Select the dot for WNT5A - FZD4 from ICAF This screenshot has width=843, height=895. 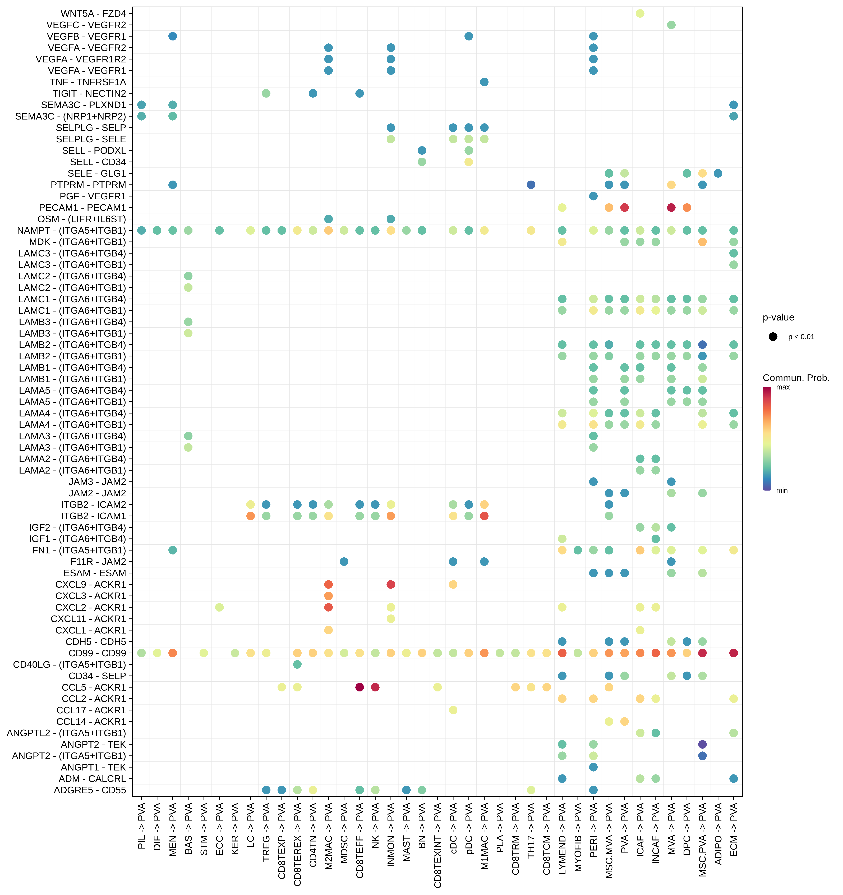640,13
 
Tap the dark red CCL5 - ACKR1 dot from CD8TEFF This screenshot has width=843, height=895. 360,687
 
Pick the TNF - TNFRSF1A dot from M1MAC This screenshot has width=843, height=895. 484,82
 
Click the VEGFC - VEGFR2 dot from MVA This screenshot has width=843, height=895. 671,25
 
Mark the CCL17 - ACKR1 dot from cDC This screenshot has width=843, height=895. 453,710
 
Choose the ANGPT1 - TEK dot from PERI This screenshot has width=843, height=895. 593,767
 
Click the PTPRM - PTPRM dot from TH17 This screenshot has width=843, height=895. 531,185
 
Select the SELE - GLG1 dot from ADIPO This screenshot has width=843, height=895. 718,173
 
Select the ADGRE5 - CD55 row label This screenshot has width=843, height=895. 90,790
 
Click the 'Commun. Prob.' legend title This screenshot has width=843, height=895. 796,378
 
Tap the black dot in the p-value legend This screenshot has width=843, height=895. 773,337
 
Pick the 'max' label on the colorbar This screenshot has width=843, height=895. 783,387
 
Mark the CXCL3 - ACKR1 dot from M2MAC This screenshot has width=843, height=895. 329,596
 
